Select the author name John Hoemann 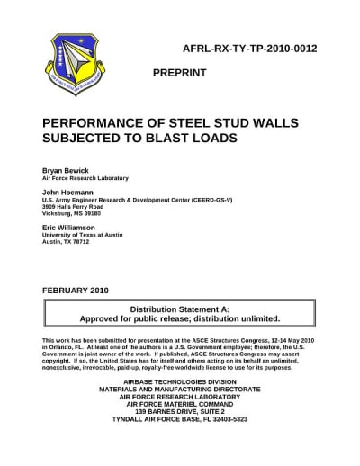coord(68,192)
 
